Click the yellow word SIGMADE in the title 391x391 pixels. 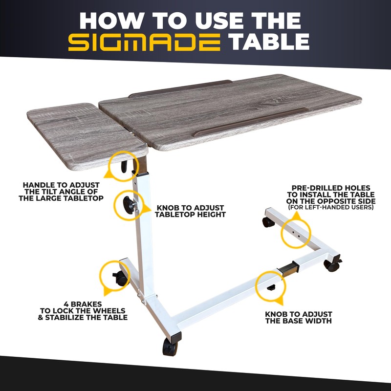pos(144,43)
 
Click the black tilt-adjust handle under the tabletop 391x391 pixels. pos(124,167)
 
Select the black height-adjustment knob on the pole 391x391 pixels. pos(129,205)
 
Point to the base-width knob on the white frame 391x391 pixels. pos(271,287)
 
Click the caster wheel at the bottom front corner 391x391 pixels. pos(170,347)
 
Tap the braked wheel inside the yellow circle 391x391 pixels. pos(120,278)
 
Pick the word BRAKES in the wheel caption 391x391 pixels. pos(83,304)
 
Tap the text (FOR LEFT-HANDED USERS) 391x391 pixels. pos(331,207)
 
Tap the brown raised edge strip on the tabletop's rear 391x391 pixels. pos(180,88)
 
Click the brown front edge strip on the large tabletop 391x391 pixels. pos(250,122)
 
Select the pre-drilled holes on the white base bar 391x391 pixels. pos(296,233)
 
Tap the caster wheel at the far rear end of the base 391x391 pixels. pos(268,222)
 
